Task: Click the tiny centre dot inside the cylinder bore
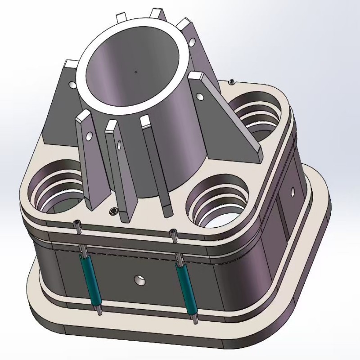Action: (135, 71)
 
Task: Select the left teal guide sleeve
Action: (90, 279)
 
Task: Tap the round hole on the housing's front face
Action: (140, 280)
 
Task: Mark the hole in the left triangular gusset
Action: (72, 84)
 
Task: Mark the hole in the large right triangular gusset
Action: (200, 95)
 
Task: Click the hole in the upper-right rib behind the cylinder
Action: (192, 42)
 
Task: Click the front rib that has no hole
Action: (155, 166)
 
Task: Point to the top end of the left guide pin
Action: (78, 223)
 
